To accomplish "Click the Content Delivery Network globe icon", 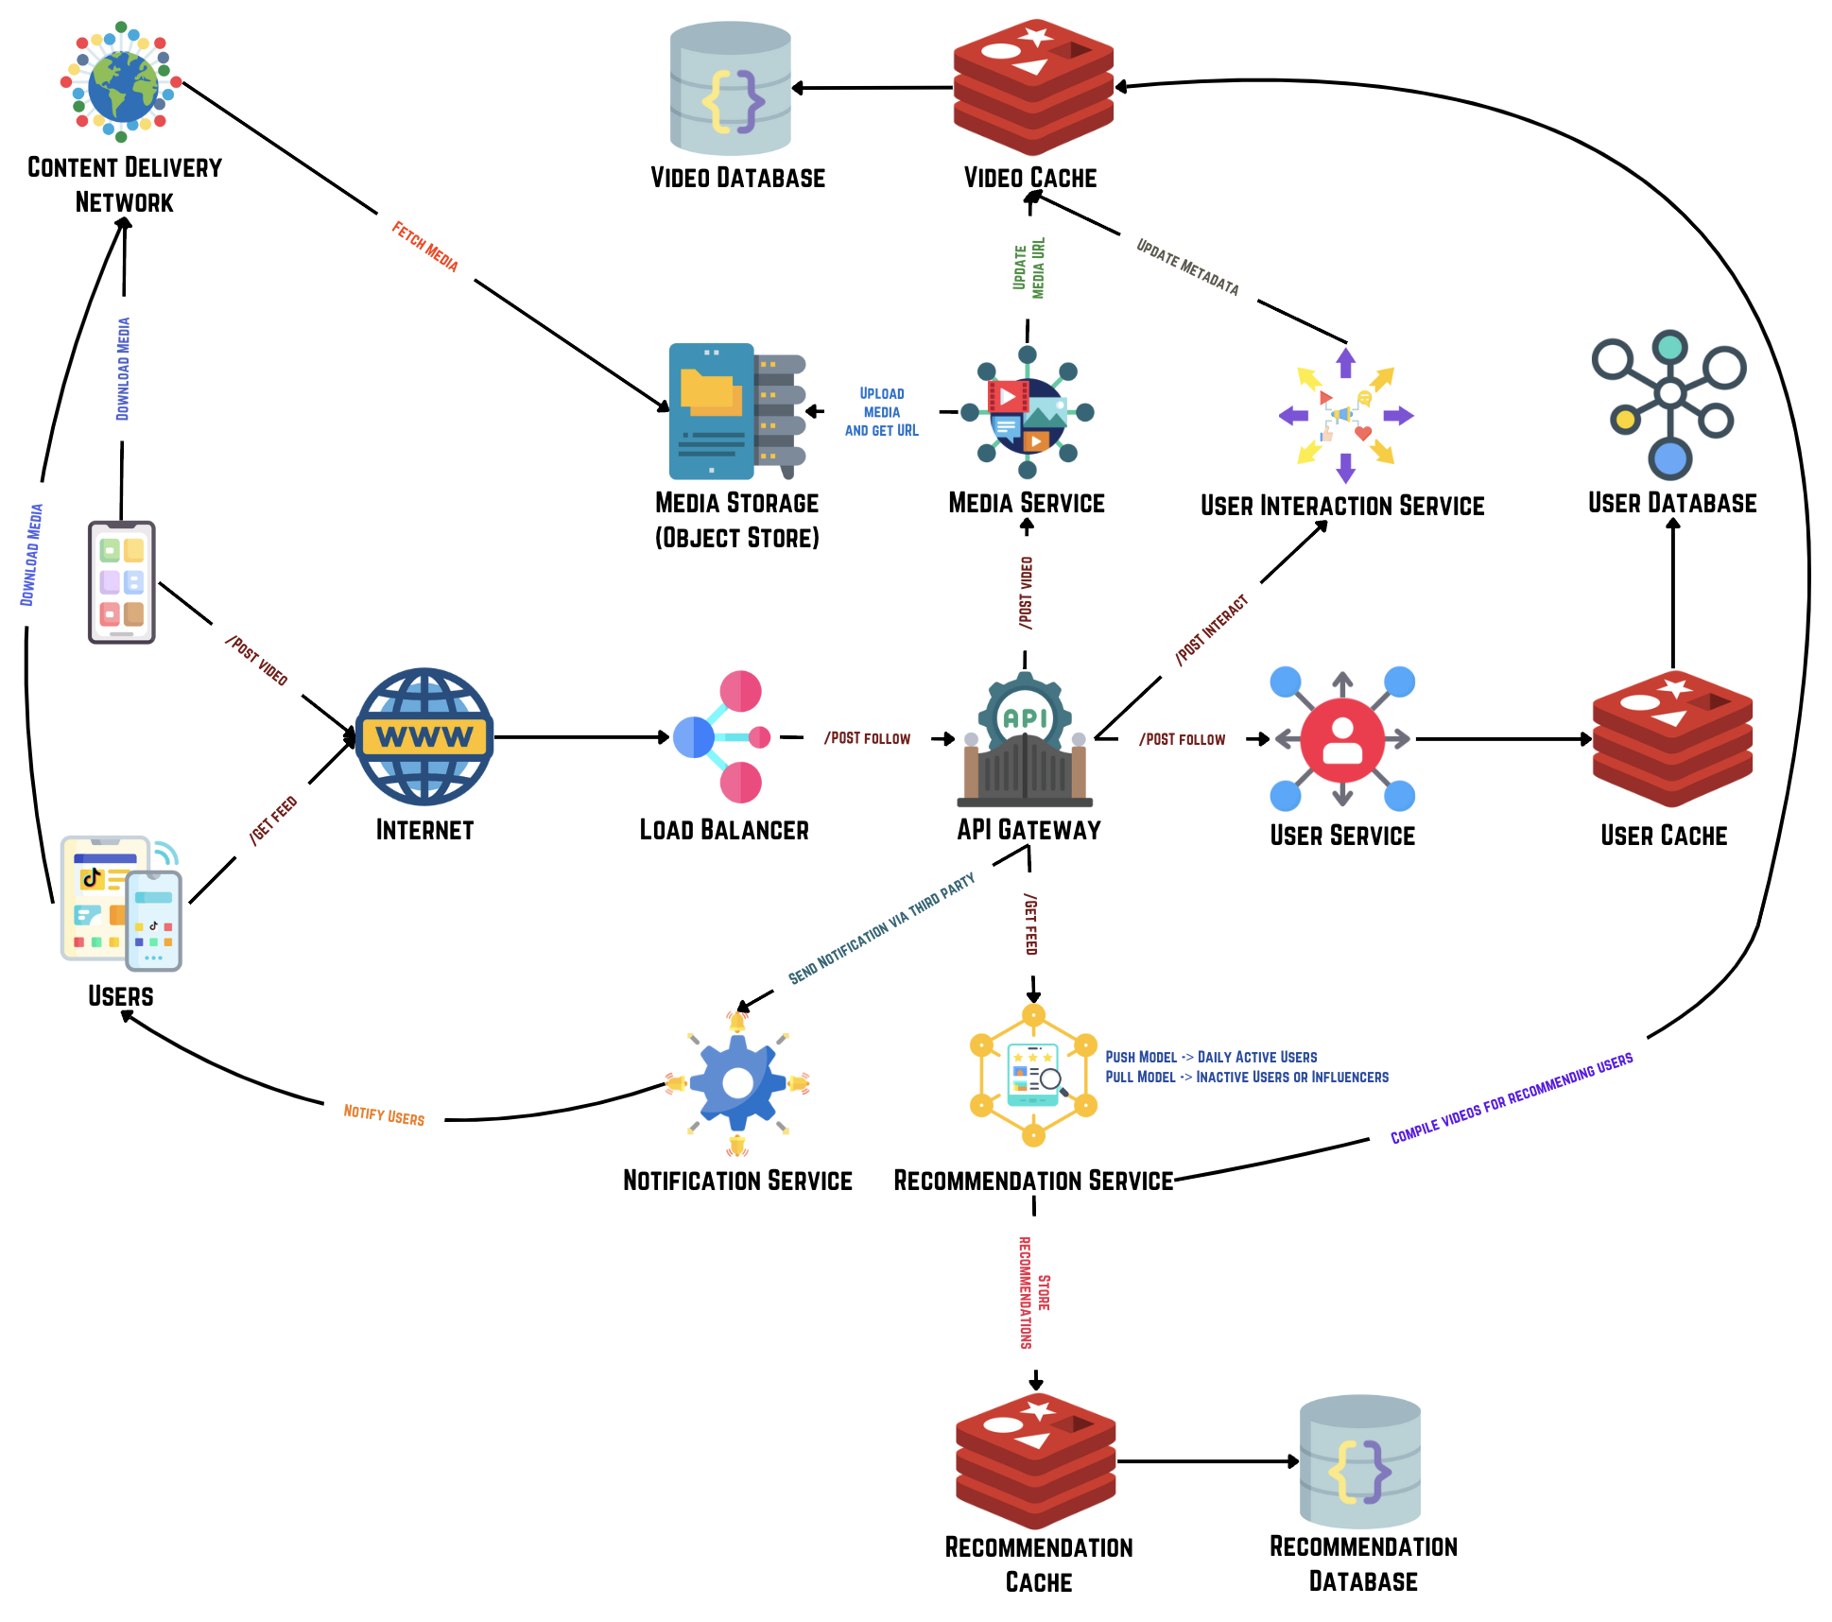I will [122, 83].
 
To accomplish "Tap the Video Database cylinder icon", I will [731, 88].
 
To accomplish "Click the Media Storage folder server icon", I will [736, 411].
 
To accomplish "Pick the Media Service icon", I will [1028, 413].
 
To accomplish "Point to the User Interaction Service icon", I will [1345, 416].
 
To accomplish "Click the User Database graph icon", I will [1668, 404].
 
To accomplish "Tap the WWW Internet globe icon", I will [424, 736].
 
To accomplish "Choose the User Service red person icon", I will [1342, 739].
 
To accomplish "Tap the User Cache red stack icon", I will [1672, 738].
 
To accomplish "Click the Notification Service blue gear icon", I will [737, 1083].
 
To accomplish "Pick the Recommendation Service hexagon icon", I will [1034, 1076].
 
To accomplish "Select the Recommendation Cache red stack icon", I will [1036, 1460].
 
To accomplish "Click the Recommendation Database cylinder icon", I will [1360, 1461].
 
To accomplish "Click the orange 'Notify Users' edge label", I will [384, 1114].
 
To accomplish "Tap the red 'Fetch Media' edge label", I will [425, 247].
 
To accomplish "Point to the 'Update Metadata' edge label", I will [1187, 267].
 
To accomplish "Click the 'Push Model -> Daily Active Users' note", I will [1211, 1057].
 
